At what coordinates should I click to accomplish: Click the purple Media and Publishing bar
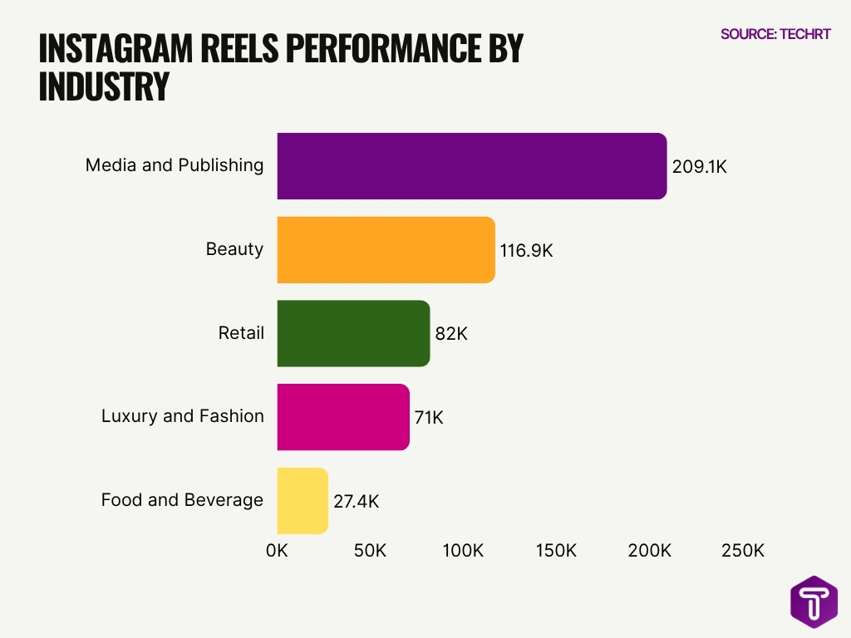click(471, 166)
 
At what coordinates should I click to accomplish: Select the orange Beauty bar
click(386, 250)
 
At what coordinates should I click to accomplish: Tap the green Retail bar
click(353, 333)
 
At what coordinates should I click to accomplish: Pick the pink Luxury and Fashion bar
click(343, 417)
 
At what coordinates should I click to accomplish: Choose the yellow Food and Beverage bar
click(303, 501)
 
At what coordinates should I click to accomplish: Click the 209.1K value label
click(699, 166)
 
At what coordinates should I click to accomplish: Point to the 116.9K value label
click(526, 250)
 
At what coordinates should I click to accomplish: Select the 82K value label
click(451, 334)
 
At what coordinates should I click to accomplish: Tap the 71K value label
click(429, 417)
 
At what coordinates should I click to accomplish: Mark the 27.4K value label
click(357, 501)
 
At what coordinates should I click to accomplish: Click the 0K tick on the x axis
click(277, 551)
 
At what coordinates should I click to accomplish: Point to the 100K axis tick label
click(463, 551)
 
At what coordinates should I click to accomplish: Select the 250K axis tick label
click(742, 551)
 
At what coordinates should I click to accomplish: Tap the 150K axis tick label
click(556, 551)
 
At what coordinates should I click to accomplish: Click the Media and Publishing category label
click(175, 165)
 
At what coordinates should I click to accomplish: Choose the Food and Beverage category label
click(182, 500)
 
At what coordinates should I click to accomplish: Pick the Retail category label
click(241, 333)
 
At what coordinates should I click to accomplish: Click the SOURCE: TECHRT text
click(775, 34)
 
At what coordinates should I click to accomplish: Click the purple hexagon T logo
click(814, 602)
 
